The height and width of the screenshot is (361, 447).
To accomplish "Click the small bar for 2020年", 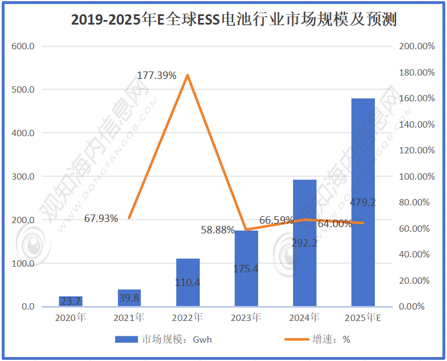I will coord(70,302).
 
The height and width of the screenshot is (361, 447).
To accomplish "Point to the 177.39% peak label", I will coord(156,76).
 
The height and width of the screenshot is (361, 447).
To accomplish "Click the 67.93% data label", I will coord(101,218).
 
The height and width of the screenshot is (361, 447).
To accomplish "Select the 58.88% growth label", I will coord(217,230).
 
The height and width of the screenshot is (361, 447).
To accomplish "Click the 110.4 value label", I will coord(188,282).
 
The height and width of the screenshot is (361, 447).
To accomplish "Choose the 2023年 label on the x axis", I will coord(246,318).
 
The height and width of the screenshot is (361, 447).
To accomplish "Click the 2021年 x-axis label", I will coord(129,318).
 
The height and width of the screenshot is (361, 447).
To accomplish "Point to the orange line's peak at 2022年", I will coord(188,76).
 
